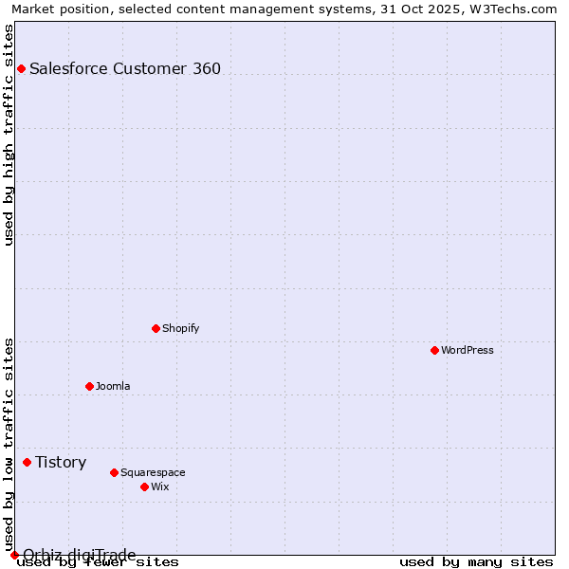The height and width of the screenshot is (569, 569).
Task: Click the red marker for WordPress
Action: [x=434, y=350]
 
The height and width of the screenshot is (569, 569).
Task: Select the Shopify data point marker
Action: [x=156, y=328]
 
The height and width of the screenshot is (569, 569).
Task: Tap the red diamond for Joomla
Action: [x=89, y=386]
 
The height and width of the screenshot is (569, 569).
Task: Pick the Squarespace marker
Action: [x=114, y=472]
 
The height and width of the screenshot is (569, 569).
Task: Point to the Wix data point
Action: [x=144, y=486]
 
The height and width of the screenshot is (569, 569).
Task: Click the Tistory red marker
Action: [x=27, y=462]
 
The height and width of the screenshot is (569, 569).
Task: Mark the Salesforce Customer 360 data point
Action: [x=21, y=68]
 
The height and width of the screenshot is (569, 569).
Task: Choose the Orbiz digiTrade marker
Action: [x=14, y=555]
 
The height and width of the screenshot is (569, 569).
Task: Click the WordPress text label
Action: [x=468, y=350]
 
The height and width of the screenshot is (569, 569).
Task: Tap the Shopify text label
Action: [x=181, y=328]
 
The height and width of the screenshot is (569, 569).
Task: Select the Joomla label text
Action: [x=113, y=386]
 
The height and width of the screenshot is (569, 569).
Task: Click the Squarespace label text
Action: [x=153, y=472]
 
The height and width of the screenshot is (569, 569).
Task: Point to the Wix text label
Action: [x=160, y=486]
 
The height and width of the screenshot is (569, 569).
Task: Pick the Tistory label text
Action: [x=61, y=462]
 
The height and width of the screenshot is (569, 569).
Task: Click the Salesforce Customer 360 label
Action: [x=125, y=68]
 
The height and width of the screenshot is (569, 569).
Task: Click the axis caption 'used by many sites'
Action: [x=476, y=561]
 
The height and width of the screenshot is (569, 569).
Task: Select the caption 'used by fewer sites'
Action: [x=98, y=562]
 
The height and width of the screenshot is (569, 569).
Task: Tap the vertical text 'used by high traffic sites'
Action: [x=9, y=135]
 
